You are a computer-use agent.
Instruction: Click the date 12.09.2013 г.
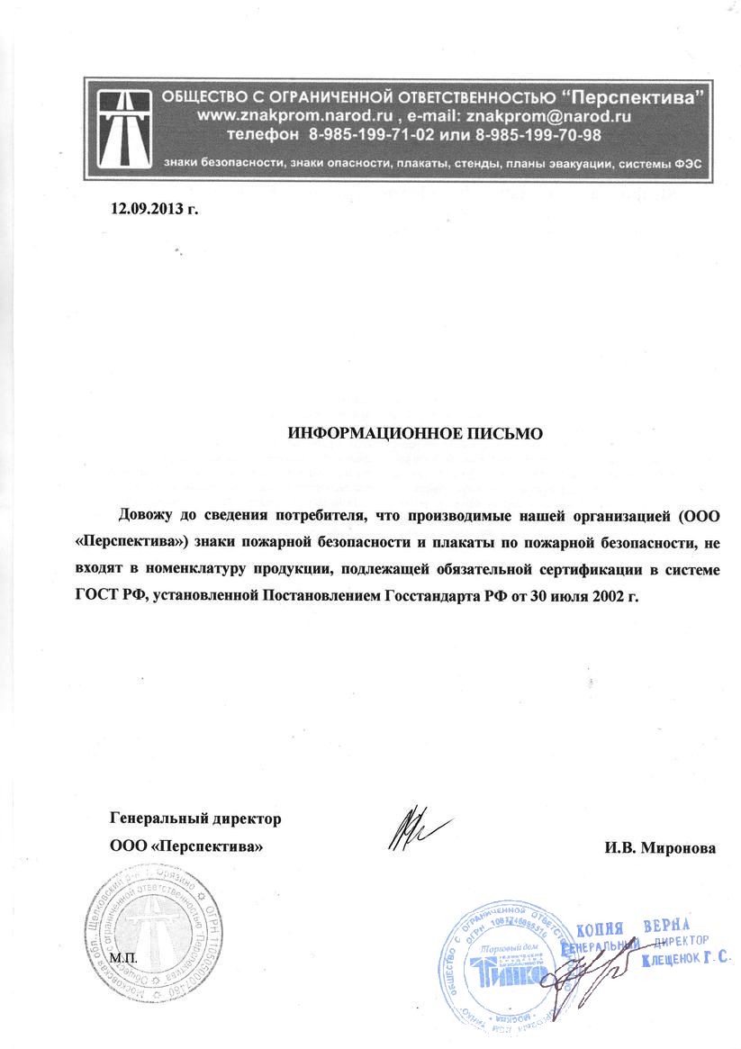(x=152, y=210)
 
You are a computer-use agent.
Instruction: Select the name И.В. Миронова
(x=660, y=847)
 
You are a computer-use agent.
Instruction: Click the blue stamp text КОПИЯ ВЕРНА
(x=631, y=929)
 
